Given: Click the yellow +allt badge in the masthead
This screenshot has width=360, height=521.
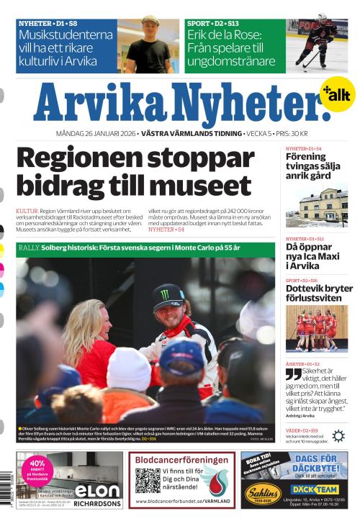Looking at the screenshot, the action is click(x=337, y=94).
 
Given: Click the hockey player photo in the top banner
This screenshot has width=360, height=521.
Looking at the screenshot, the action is click(x=318, y=44).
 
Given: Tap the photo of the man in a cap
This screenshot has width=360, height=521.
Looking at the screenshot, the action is click(x=148, y=45).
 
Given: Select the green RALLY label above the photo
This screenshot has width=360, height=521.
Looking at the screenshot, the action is click(x=30, y=248).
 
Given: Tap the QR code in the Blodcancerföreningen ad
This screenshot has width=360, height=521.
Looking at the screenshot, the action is click(x=148, y=480).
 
